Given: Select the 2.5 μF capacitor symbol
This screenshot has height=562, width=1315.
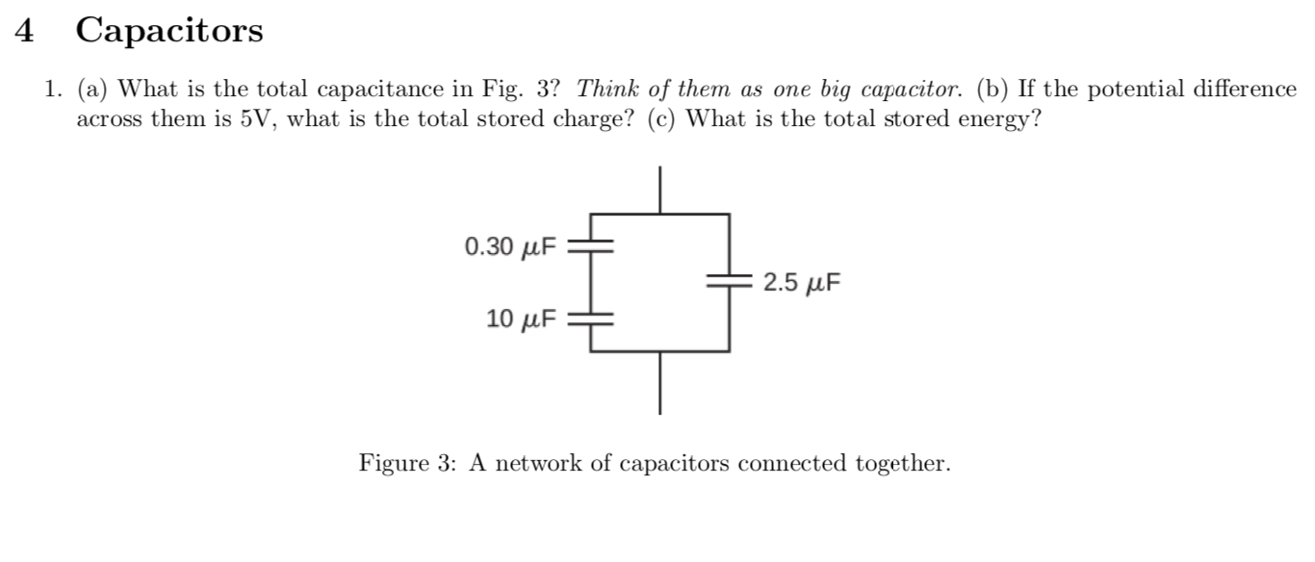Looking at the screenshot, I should pyautogui.click(x=729, y=282).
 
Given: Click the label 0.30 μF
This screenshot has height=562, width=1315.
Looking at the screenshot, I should pyautogui.click(x=510, y=247).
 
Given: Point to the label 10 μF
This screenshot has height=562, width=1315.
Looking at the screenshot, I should pyautogui.click(x=521, y=319).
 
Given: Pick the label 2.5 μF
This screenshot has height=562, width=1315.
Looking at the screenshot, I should pyautogui.click(x=801, y=283).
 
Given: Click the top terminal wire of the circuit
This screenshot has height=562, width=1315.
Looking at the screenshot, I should pyautogui.click(x=659, y=189).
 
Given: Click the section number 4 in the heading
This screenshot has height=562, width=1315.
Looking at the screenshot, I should pyautogui.click(x=26, y=32).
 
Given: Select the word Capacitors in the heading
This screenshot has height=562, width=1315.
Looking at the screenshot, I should pyautogui.click(x=168, y=32).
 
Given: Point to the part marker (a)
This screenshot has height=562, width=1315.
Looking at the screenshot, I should pyautogui.click(x=93, y=89).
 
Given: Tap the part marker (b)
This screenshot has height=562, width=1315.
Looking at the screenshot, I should pyautogui.click(x=994, y=89).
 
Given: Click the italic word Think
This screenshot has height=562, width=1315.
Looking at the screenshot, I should pyautogui.click(x=604, y=89).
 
